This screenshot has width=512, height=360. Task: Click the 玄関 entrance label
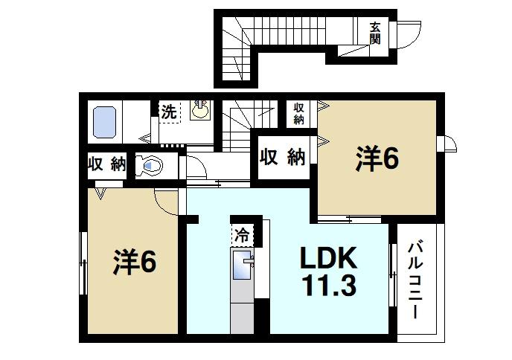coord(375,33)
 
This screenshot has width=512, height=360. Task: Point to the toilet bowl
coord(150,166)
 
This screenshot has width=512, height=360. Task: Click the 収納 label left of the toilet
coord(106,164)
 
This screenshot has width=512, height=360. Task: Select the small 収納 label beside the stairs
coord(298,113)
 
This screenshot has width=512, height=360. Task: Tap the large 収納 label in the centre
coord(283,157)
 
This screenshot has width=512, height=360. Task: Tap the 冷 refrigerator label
coord(243,235)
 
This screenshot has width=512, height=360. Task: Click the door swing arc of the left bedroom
coord(165,201)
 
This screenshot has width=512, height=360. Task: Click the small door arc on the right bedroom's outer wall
coord(449,144)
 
